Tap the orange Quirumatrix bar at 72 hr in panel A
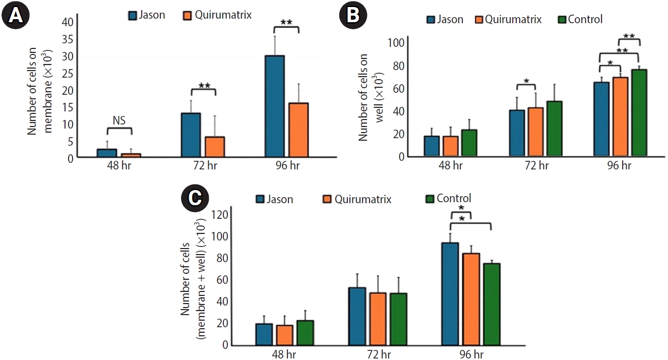click(x=215, y=147)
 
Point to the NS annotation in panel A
click(x=119, y=120)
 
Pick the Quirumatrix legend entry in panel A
click(x=216, y=15)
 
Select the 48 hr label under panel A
click(x=119, y=166)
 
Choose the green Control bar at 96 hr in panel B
click(x=639, y=112)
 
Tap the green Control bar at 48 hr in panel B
click(x=469, y=143)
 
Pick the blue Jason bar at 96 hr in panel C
click(x=450, y=294)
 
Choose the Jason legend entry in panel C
click(x=274, y=199)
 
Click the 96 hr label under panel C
click(x=471, y=354)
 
